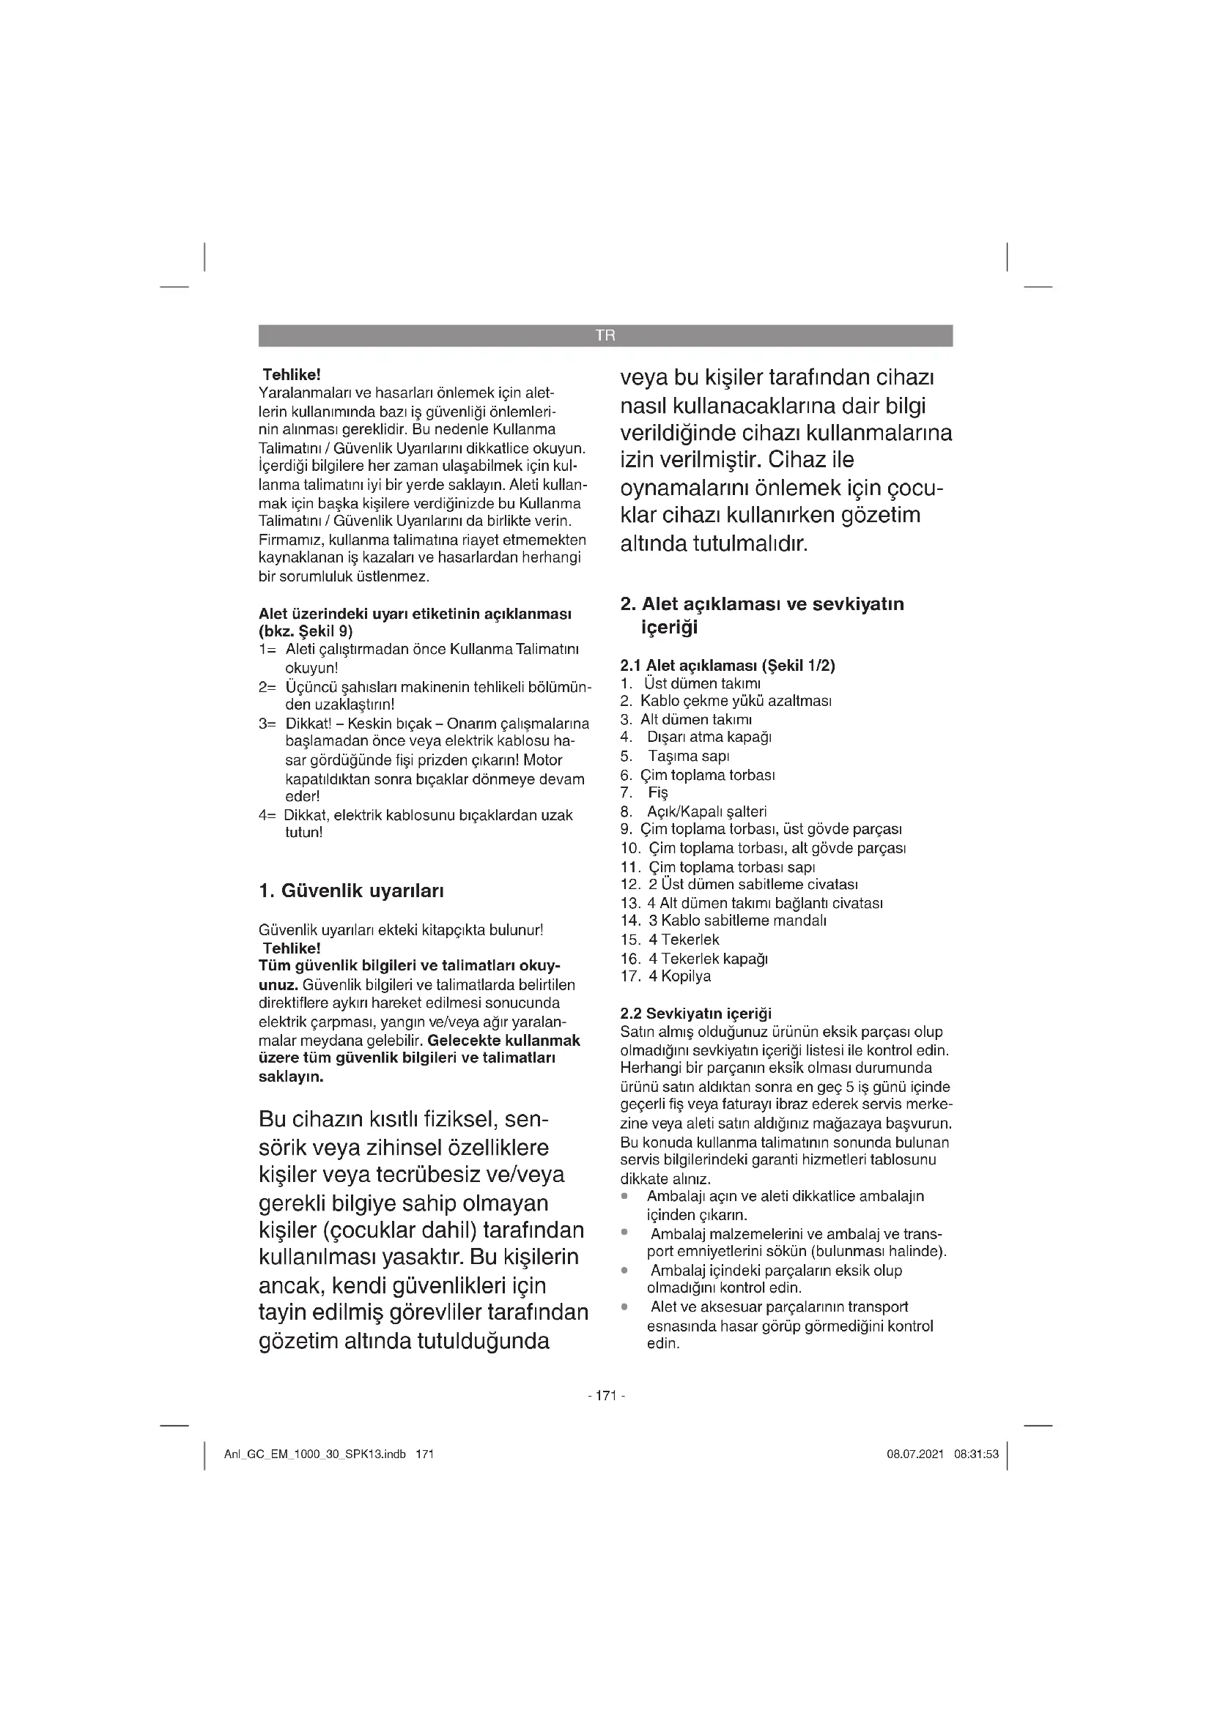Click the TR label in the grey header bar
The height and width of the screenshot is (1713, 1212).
605,335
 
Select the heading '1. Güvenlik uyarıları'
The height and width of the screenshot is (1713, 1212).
351,891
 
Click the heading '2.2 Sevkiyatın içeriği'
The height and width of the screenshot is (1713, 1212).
695,1013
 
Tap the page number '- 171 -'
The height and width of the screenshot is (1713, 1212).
606,1395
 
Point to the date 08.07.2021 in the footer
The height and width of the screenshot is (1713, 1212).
915,1454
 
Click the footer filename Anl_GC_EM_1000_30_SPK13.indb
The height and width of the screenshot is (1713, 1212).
315,1454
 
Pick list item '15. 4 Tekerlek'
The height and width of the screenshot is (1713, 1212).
670,940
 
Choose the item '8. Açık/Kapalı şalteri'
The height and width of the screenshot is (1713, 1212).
693,811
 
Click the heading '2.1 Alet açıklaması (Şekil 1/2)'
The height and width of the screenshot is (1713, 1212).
728,665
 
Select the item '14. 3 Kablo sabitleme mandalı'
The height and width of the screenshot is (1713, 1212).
723,921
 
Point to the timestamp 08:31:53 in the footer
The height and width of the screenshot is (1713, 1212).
976,1454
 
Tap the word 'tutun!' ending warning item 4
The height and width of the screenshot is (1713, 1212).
304,832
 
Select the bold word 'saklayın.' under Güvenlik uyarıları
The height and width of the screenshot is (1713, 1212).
291,1077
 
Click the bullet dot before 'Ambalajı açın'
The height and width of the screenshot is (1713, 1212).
624,1196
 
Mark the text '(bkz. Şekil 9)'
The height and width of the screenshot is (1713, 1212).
306,631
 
